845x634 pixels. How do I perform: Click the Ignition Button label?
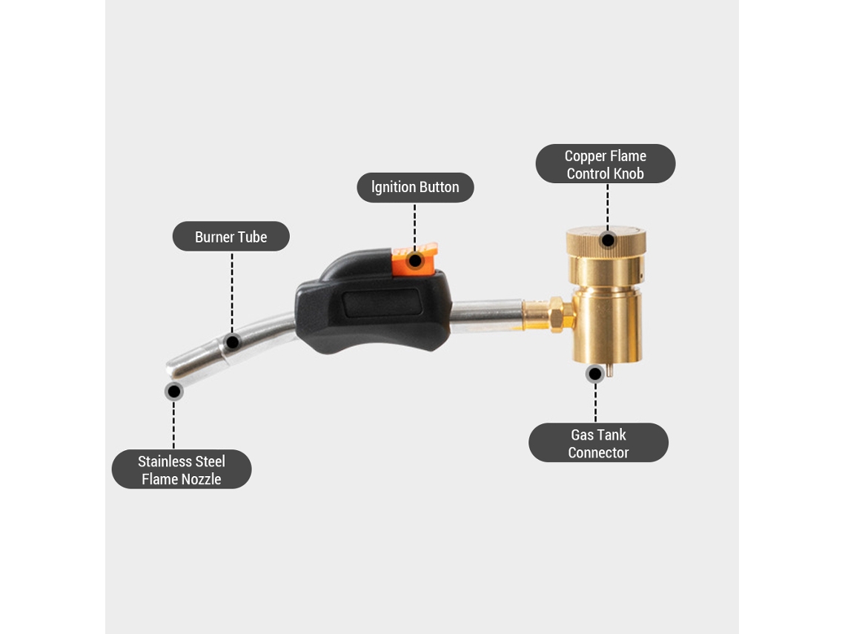tap(416, 188)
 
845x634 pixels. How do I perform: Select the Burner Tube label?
tap(231, 236)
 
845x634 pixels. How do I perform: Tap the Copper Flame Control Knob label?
tap(605, 164)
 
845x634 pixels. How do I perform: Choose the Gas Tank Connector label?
tap(598, 443)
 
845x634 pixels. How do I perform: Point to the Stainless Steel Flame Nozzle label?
tap(182, 469)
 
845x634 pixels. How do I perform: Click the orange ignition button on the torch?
tap(414, 259)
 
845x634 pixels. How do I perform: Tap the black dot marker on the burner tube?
tap(232, 342)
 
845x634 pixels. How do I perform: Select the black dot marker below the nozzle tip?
tap(173, 392)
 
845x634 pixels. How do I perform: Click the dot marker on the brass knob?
tap(608, 240)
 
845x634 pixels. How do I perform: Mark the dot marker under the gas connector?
tap(595, 374)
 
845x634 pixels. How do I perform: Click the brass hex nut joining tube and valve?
tap(557, 314)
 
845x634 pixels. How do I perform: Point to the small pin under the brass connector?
tap(609, 370)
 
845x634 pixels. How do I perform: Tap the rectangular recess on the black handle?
tap(382, 303)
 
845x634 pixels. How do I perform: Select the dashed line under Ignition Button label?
tap(415, 226)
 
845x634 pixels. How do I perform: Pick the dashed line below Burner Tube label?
tap(232, 291)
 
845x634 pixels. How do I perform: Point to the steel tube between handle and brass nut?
tap(487, 316)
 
